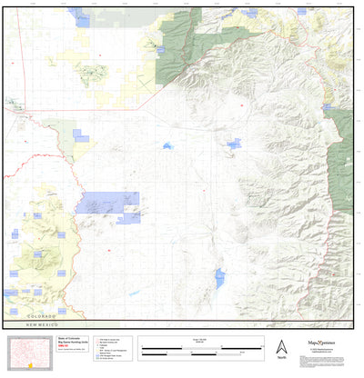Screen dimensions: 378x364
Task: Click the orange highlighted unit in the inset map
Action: [x=30, y=365]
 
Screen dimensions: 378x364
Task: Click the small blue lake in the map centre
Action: [x=167, y=145]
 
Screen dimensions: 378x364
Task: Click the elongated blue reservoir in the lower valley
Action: [x=219, y=276]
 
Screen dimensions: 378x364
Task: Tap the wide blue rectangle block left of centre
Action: [x=112, y=203]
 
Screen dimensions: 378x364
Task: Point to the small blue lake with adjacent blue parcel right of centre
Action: [x=233, y=144]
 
